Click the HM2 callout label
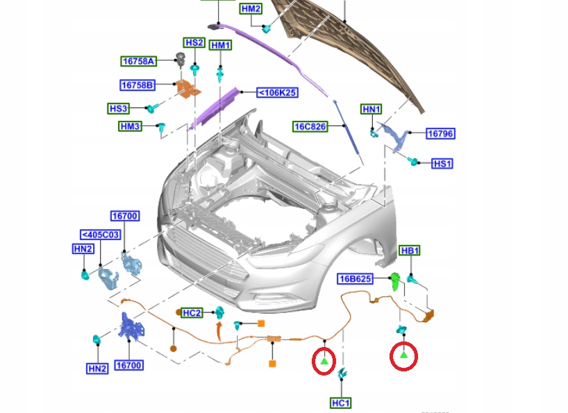[x=251, y=9]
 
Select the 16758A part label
[x=137, y=61]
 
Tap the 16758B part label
[x=137, y=85]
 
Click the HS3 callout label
[x=118, y=109]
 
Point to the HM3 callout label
[x=131, y=126]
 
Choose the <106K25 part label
[x=277, y=92]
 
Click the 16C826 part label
[x=310, y=126]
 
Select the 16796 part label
[x=440, y=133]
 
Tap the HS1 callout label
[x=442, y=164]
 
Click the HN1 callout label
[x=371, y=110]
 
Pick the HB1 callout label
[x=410, y=251]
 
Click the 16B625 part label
[x=356, y=279]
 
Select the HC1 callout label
[x=341, y=403]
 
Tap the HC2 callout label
[x=192, y=313]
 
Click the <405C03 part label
[x=101, y=235]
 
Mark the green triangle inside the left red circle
[x=324, y=361]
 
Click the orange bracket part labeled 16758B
[x=186, y=90]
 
